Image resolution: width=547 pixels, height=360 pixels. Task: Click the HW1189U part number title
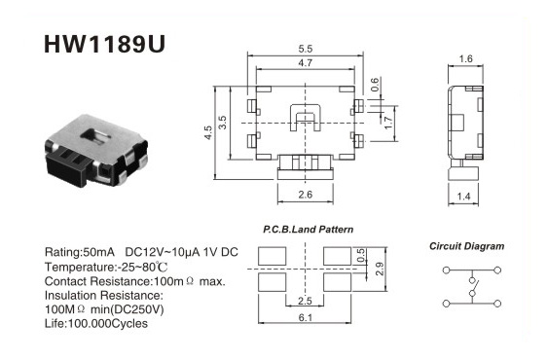pyautogui.click(x=104, y=44)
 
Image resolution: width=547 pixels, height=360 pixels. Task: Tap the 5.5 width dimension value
pyautogui.click(x=306, y=49)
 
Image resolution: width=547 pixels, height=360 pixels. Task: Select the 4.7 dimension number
pyautogui.click(x=306, y=63)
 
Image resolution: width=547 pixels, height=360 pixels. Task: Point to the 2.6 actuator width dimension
pyautogui.click(x=306, y=195)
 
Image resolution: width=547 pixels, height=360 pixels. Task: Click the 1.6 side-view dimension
pyautogui.click(x=465, y=58)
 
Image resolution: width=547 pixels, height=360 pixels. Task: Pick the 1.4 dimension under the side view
pyautogui.click(x=463, y=197)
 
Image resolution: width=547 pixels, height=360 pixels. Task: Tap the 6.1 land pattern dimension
pyautogui.click(x=306, y=318)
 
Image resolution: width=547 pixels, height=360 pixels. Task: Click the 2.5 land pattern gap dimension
pyautogui.click(x=305, y=301)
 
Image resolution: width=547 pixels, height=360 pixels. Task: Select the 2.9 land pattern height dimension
pyautogui.click(x=380, y=269)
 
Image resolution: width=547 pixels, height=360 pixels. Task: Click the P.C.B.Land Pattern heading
pyautogui.click(x=308, y=230)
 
